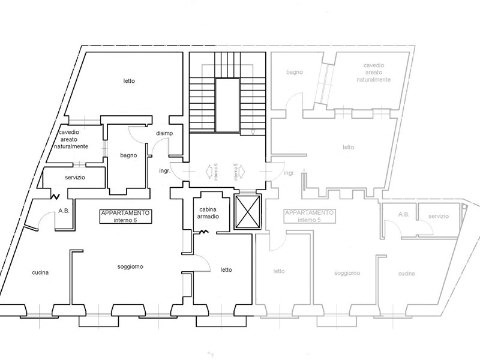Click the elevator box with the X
[247, 212]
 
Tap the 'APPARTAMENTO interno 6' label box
[126, 217]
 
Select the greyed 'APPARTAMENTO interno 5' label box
[310, 217]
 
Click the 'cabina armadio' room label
[208, 213]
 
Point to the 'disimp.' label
[164, 133]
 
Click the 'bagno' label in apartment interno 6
[128, 155]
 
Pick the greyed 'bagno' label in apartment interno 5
[295, 72]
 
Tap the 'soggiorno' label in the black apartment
[130, 267]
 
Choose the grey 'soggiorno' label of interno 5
[347, 274]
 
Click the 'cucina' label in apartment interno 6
[40, 272]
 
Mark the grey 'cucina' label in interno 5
[407, 274]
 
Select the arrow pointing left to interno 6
[209, 171]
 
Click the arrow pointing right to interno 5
[241, 171]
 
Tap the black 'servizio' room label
[75, 178]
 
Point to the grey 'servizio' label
[439, 216]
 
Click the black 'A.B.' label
[64, 211]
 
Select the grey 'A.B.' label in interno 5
[404, 215]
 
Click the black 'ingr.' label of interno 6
[164, 171]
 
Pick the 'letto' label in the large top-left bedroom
[129, 81]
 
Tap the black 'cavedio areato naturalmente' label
[71, 139]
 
